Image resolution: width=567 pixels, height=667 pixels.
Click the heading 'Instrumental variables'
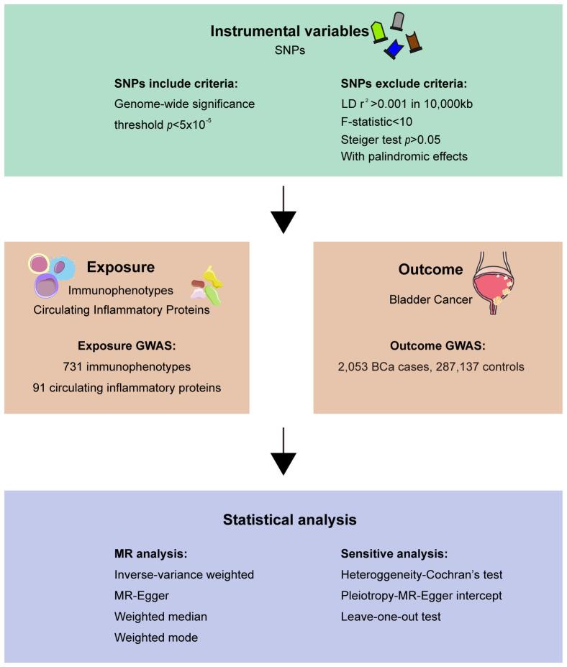point(290,31)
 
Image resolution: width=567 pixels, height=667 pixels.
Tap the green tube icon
point(378,33)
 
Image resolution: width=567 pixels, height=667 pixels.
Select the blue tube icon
point(394,48)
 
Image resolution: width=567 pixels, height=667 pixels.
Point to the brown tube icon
point(414,42)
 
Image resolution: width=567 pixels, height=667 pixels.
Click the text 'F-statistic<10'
point(376,122)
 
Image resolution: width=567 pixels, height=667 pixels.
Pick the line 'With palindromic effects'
point(404,156)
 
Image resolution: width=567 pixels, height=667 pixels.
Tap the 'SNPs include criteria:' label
point(176,83)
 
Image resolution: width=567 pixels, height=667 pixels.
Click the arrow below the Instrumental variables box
point(283,209)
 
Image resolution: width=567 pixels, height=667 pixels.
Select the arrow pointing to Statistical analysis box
point(283,451)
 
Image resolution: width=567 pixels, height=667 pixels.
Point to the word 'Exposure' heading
point(121,267)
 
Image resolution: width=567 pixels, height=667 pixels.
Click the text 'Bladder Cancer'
point(430,299)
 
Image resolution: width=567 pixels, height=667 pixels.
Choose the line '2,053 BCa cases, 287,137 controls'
point(431,366)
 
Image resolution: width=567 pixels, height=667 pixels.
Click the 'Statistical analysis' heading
point(290,519)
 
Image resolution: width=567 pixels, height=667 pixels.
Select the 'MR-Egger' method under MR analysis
point(142,596)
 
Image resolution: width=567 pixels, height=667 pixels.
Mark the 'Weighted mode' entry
point(156,637)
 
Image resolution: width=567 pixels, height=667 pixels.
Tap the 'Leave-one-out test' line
point(391,617)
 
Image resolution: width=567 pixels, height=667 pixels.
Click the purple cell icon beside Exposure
point(46,286)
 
